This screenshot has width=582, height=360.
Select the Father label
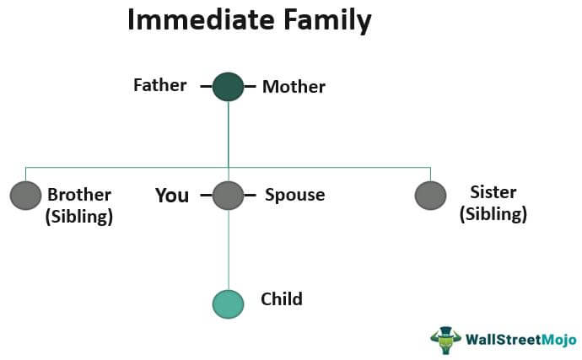click(159, 85)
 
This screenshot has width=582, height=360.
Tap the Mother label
click(294, 86)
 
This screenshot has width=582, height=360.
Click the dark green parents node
click(228, 86)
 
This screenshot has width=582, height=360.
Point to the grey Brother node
click(25, 196)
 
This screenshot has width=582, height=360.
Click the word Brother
click(79, 195)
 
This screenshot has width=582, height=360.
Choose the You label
click(172, 196)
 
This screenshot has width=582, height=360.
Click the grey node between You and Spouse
click(228, 196)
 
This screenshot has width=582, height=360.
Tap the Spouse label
click(294, 196)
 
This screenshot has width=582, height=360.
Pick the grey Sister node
click(430, 196)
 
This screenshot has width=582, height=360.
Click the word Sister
click(493, 192)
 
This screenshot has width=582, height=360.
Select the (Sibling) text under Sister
click(493, 213)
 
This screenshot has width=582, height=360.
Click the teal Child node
click(228, 303)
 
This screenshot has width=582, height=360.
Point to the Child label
click(281, 298)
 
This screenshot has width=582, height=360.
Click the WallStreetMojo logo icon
click(445, 339)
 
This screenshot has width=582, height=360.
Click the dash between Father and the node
click(205, 86)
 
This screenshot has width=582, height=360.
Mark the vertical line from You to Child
click(228, 249)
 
